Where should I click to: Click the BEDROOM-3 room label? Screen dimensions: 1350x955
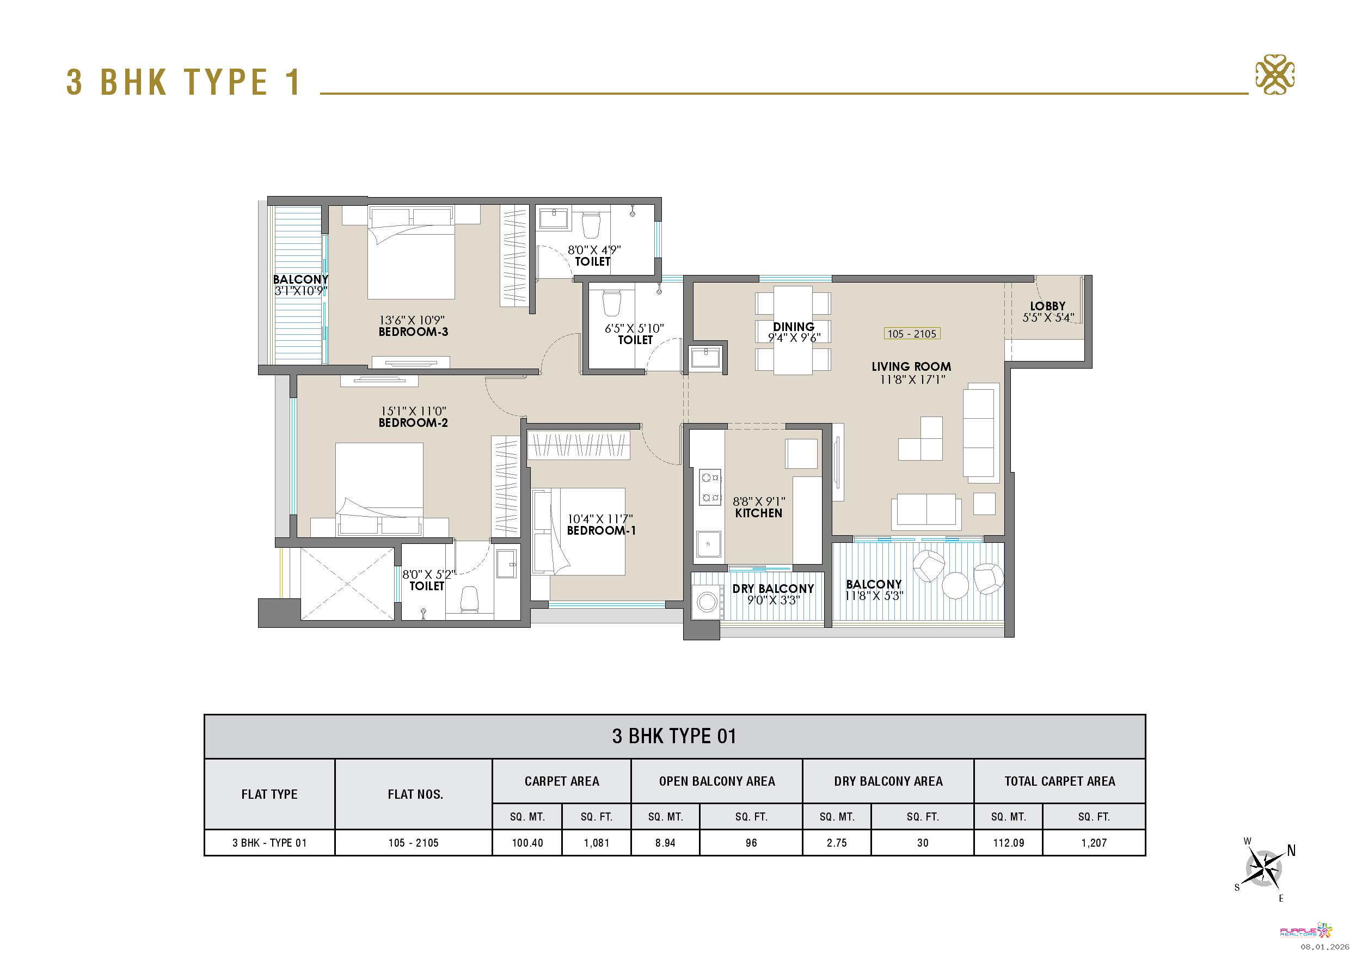[x=413, y=332]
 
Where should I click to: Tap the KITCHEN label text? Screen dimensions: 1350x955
[x=758, y=513]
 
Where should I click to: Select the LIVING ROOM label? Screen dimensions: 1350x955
[x=911, y=366]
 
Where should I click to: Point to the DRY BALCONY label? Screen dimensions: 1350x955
[x=772, y=589]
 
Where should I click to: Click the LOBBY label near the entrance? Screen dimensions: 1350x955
[x=1047, y=306]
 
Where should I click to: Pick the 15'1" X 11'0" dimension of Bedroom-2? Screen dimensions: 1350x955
[x=413, y=411]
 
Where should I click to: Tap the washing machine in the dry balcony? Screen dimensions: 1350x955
[x=707, y=602]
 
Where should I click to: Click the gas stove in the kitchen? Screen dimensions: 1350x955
[x=709, y=487]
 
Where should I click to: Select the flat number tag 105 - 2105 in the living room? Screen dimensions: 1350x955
[x=911, y=334]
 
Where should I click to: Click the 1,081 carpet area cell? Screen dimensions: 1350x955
[x=596, y=843]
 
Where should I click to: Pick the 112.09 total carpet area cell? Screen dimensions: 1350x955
[x=1008, y=843]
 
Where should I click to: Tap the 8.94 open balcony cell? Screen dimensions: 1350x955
[x=665, y=843]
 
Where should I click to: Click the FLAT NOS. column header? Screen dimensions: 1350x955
[x=415, y=794]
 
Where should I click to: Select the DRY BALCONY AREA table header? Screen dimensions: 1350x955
[x=888, y=781]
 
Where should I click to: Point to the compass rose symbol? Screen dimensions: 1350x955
[x=1263, y=868]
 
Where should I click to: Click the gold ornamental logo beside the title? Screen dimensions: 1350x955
[x=1275, y=75]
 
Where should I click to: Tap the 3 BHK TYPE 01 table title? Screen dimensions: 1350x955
[x=674, y=736]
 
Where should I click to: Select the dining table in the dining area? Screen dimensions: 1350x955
[x=793, y=330]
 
